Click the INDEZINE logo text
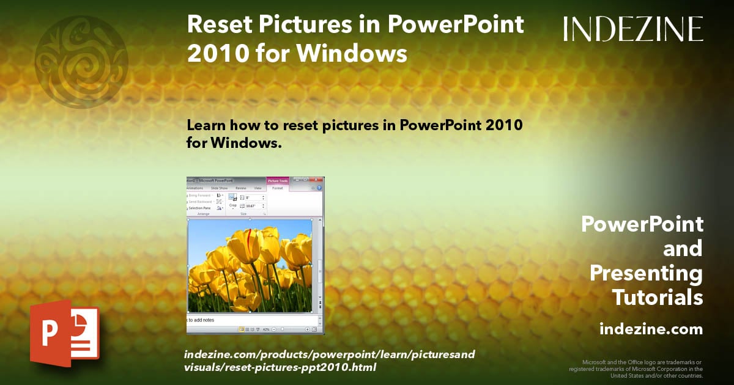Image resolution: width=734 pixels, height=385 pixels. tap(633, 29)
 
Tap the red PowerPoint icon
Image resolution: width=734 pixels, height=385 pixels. tap(64, 333)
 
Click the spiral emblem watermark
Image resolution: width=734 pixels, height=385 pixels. tap(81, 62)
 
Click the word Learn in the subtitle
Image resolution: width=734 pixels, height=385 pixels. tap(204, 125)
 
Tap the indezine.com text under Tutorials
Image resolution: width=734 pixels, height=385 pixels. tap(651, 329)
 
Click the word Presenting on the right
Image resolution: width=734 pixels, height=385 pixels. tap(646, 273)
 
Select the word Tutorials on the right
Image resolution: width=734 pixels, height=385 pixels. tap(657, 298)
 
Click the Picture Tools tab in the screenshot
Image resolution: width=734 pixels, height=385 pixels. tap(277, 180)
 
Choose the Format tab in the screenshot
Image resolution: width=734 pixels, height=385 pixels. tap(277, 188)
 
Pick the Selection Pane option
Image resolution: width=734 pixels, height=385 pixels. tap(199, 208)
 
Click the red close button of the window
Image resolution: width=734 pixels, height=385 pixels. tap(317, 180)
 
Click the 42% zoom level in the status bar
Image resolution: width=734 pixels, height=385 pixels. tap(266, 329)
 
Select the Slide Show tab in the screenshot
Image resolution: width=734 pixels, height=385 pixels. tap(219, 188)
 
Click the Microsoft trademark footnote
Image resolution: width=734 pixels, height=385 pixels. tap(636, 369)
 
